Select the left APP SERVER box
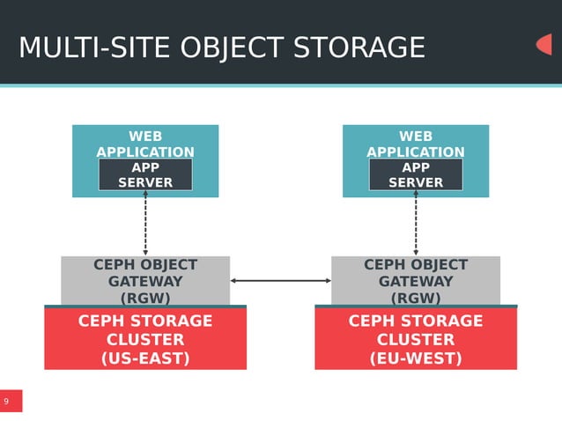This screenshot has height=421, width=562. pyautogui.click(x=145, y=174)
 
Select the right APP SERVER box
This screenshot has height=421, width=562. pyautogui.click(x=416, y=174)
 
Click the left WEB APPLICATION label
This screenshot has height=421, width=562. pyautogui.click(x=145, y=144)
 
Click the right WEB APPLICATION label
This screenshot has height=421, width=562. pyautogui.click(x=416, y=144)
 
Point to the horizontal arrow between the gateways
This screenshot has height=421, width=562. pyautogui.click(x=281, y=281)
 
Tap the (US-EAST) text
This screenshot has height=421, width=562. pyautogui.click(x=145, y=358)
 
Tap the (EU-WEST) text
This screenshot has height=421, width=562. pyautogui.click(x=416, y=358)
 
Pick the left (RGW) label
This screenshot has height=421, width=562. pyautogui.click(x=145, y=298)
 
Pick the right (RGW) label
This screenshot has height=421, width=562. pyautogui.click(x=416, y=298)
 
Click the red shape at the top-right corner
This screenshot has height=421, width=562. pyautogui.click(x=544, y=44)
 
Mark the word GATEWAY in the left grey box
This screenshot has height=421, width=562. pyautogui.click(x=145, y=282)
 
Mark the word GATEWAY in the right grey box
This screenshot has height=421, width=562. pyautogui.click(x=416, y=282)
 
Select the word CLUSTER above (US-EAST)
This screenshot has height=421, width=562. pyautogui.click(x=145, y=339)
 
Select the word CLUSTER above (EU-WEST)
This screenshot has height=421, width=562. pyautogui.click(x=416, y=339)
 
